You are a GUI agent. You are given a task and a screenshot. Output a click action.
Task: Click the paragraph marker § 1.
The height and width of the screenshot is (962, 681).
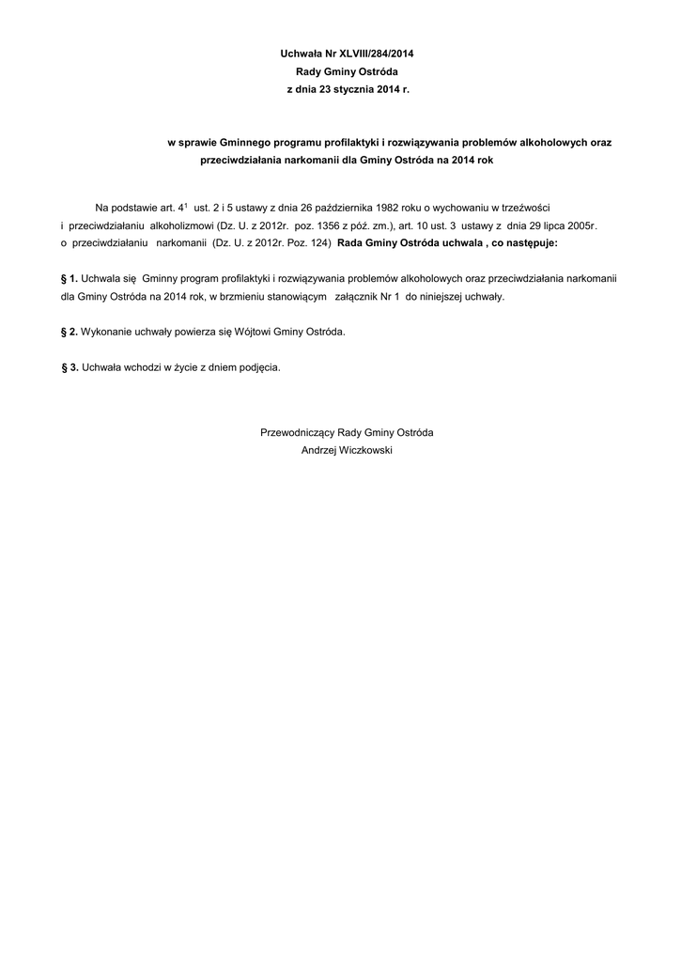point(68,278)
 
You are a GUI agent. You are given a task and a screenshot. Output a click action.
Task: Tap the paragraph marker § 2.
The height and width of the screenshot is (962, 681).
point(68,332)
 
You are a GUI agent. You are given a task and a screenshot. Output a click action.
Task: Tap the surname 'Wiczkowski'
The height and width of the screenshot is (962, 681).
point(366,450)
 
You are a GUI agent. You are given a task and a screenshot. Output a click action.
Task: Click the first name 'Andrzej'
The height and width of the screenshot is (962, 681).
point(319,450)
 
